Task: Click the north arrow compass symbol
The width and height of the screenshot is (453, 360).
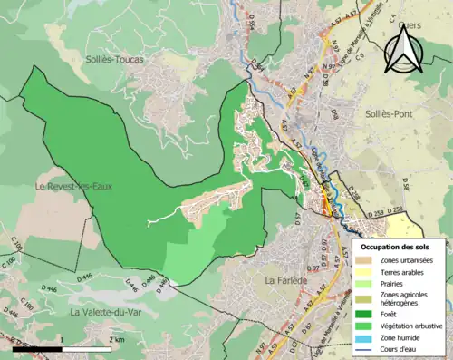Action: point(402,50)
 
